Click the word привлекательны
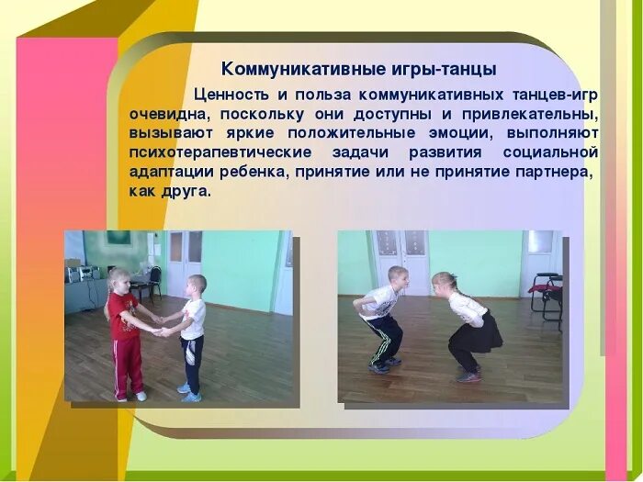point(536,115)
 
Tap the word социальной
point(550,153)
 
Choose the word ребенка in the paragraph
point(246,173)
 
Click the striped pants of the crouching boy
point(384,337)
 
